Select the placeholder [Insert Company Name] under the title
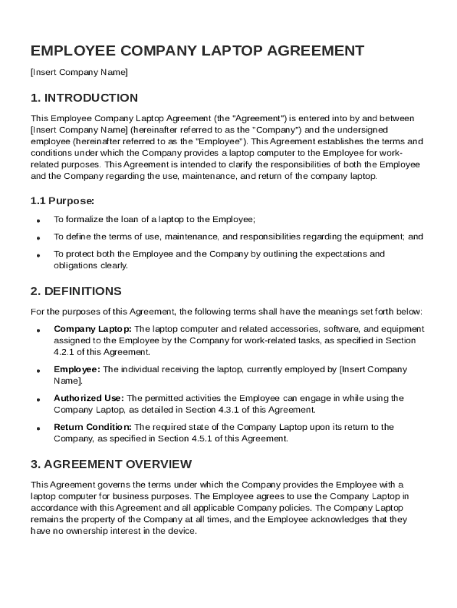tap(79, 72)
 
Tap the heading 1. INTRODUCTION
tap(84, 98)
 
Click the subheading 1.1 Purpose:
tap(62, 201)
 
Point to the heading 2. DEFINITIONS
tap(76, 291)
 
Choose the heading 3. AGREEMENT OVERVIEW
tap(111, 464)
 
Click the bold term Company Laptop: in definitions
tap(94, 329)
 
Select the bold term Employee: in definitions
tap(77, 369)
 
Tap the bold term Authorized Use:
tap(89, 398)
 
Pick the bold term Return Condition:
tap(93, 427)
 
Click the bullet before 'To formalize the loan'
tap(37, 220)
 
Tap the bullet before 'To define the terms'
tap(37, 237)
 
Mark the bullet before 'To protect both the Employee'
tap(37, 255)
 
